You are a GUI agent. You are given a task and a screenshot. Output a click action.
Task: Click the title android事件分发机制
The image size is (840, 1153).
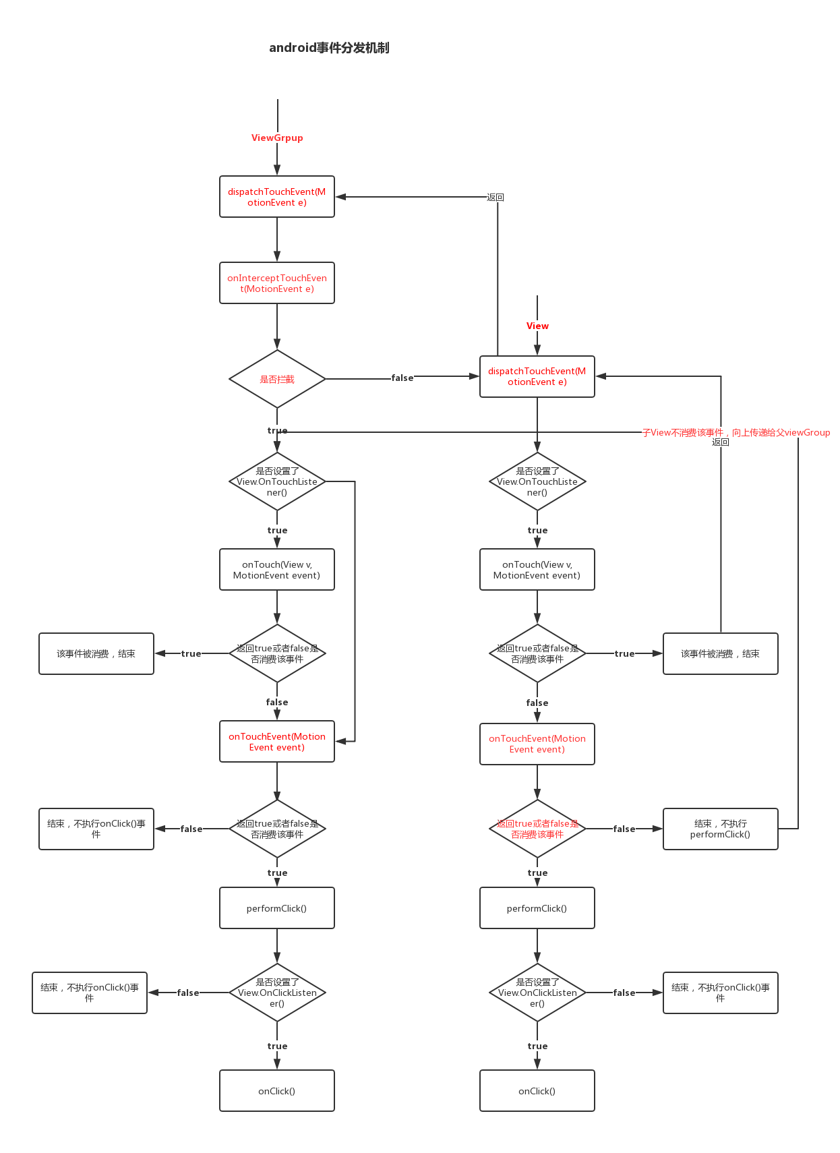[x=329, y=48]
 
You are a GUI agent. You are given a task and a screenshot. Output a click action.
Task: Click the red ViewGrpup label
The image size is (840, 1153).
[x=277, y=138]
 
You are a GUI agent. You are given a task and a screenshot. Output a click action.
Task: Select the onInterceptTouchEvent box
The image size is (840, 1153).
[x=277, y=283]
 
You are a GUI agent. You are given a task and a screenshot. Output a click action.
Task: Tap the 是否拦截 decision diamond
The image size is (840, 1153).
[x=277, y=379]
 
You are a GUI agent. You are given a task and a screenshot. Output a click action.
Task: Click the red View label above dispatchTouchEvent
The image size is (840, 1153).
[x=537, y=326]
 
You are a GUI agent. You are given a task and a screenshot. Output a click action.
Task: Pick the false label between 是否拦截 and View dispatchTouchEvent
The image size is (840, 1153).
[x=402, y=378]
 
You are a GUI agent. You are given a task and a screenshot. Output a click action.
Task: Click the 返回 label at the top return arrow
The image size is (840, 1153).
[x=496, y=197]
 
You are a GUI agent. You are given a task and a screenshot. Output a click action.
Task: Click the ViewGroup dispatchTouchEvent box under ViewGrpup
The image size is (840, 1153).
[x=277, y=197]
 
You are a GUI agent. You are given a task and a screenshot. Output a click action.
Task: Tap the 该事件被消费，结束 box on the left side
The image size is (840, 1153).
[x=96, y=653]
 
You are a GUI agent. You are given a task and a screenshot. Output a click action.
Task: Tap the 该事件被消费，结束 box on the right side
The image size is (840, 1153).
[x=720, y=653]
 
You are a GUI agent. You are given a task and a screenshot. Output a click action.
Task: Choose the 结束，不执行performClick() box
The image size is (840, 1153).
[x=720, y=829]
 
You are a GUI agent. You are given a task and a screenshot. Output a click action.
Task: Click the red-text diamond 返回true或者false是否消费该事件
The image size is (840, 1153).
[x=537, y=829]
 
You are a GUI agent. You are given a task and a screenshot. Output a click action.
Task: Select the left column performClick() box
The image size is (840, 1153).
[x=277, y=908]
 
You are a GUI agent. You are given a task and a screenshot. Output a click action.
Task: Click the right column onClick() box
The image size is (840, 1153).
[x=537, y=1091]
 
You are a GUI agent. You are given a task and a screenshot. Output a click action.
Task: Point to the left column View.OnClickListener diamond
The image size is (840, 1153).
[x=277, y=993]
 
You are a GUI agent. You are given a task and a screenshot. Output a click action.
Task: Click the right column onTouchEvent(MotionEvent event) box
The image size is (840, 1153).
[x=537, y=744]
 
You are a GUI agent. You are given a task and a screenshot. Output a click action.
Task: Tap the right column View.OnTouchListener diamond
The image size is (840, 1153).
[x=537, y=481]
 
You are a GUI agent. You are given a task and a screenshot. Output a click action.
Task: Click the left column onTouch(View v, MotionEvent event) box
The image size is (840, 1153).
[x=277, y=570]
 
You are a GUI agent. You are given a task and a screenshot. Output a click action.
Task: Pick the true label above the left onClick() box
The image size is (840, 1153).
[x=277, y=1046]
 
